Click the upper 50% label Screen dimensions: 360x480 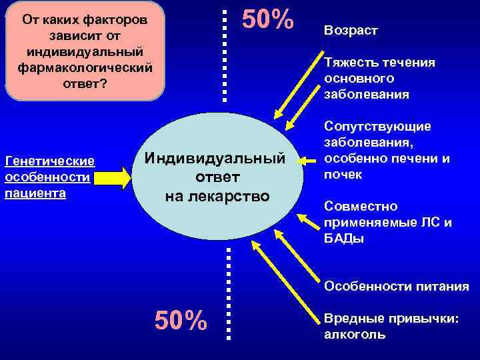click(267, 21)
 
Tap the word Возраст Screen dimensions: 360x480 click(351, 31)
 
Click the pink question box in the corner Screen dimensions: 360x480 click(84, 50)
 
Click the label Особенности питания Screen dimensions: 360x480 click(396, 287)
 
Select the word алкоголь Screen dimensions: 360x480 click(354, 335)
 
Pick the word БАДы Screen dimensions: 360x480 click(344, 239)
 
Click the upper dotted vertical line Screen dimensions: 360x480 click(225, 53)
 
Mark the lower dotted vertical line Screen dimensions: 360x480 click(229, 293)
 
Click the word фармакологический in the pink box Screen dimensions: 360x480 click(84, 69)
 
